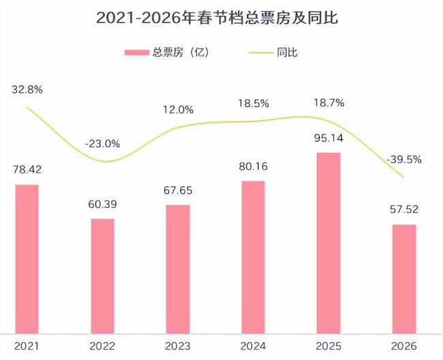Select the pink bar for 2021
coord(27,259)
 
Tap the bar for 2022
coord(103,276)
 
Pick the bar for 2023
coord(179,269)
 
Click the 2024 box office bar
coord(254,257)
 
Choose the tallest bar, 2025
coord(329,243)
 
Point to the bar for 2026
coord(405,279)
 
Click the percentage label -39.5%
coord(405,160)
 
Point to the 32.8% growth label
coord(27,89)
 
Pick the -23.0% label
coord(103,144)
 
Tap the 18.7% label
coord(329,103)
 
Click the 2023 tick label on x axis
coord(179,347)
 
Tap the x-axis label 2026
coord(405,347)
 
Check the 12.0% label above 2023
coord(179,110)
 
